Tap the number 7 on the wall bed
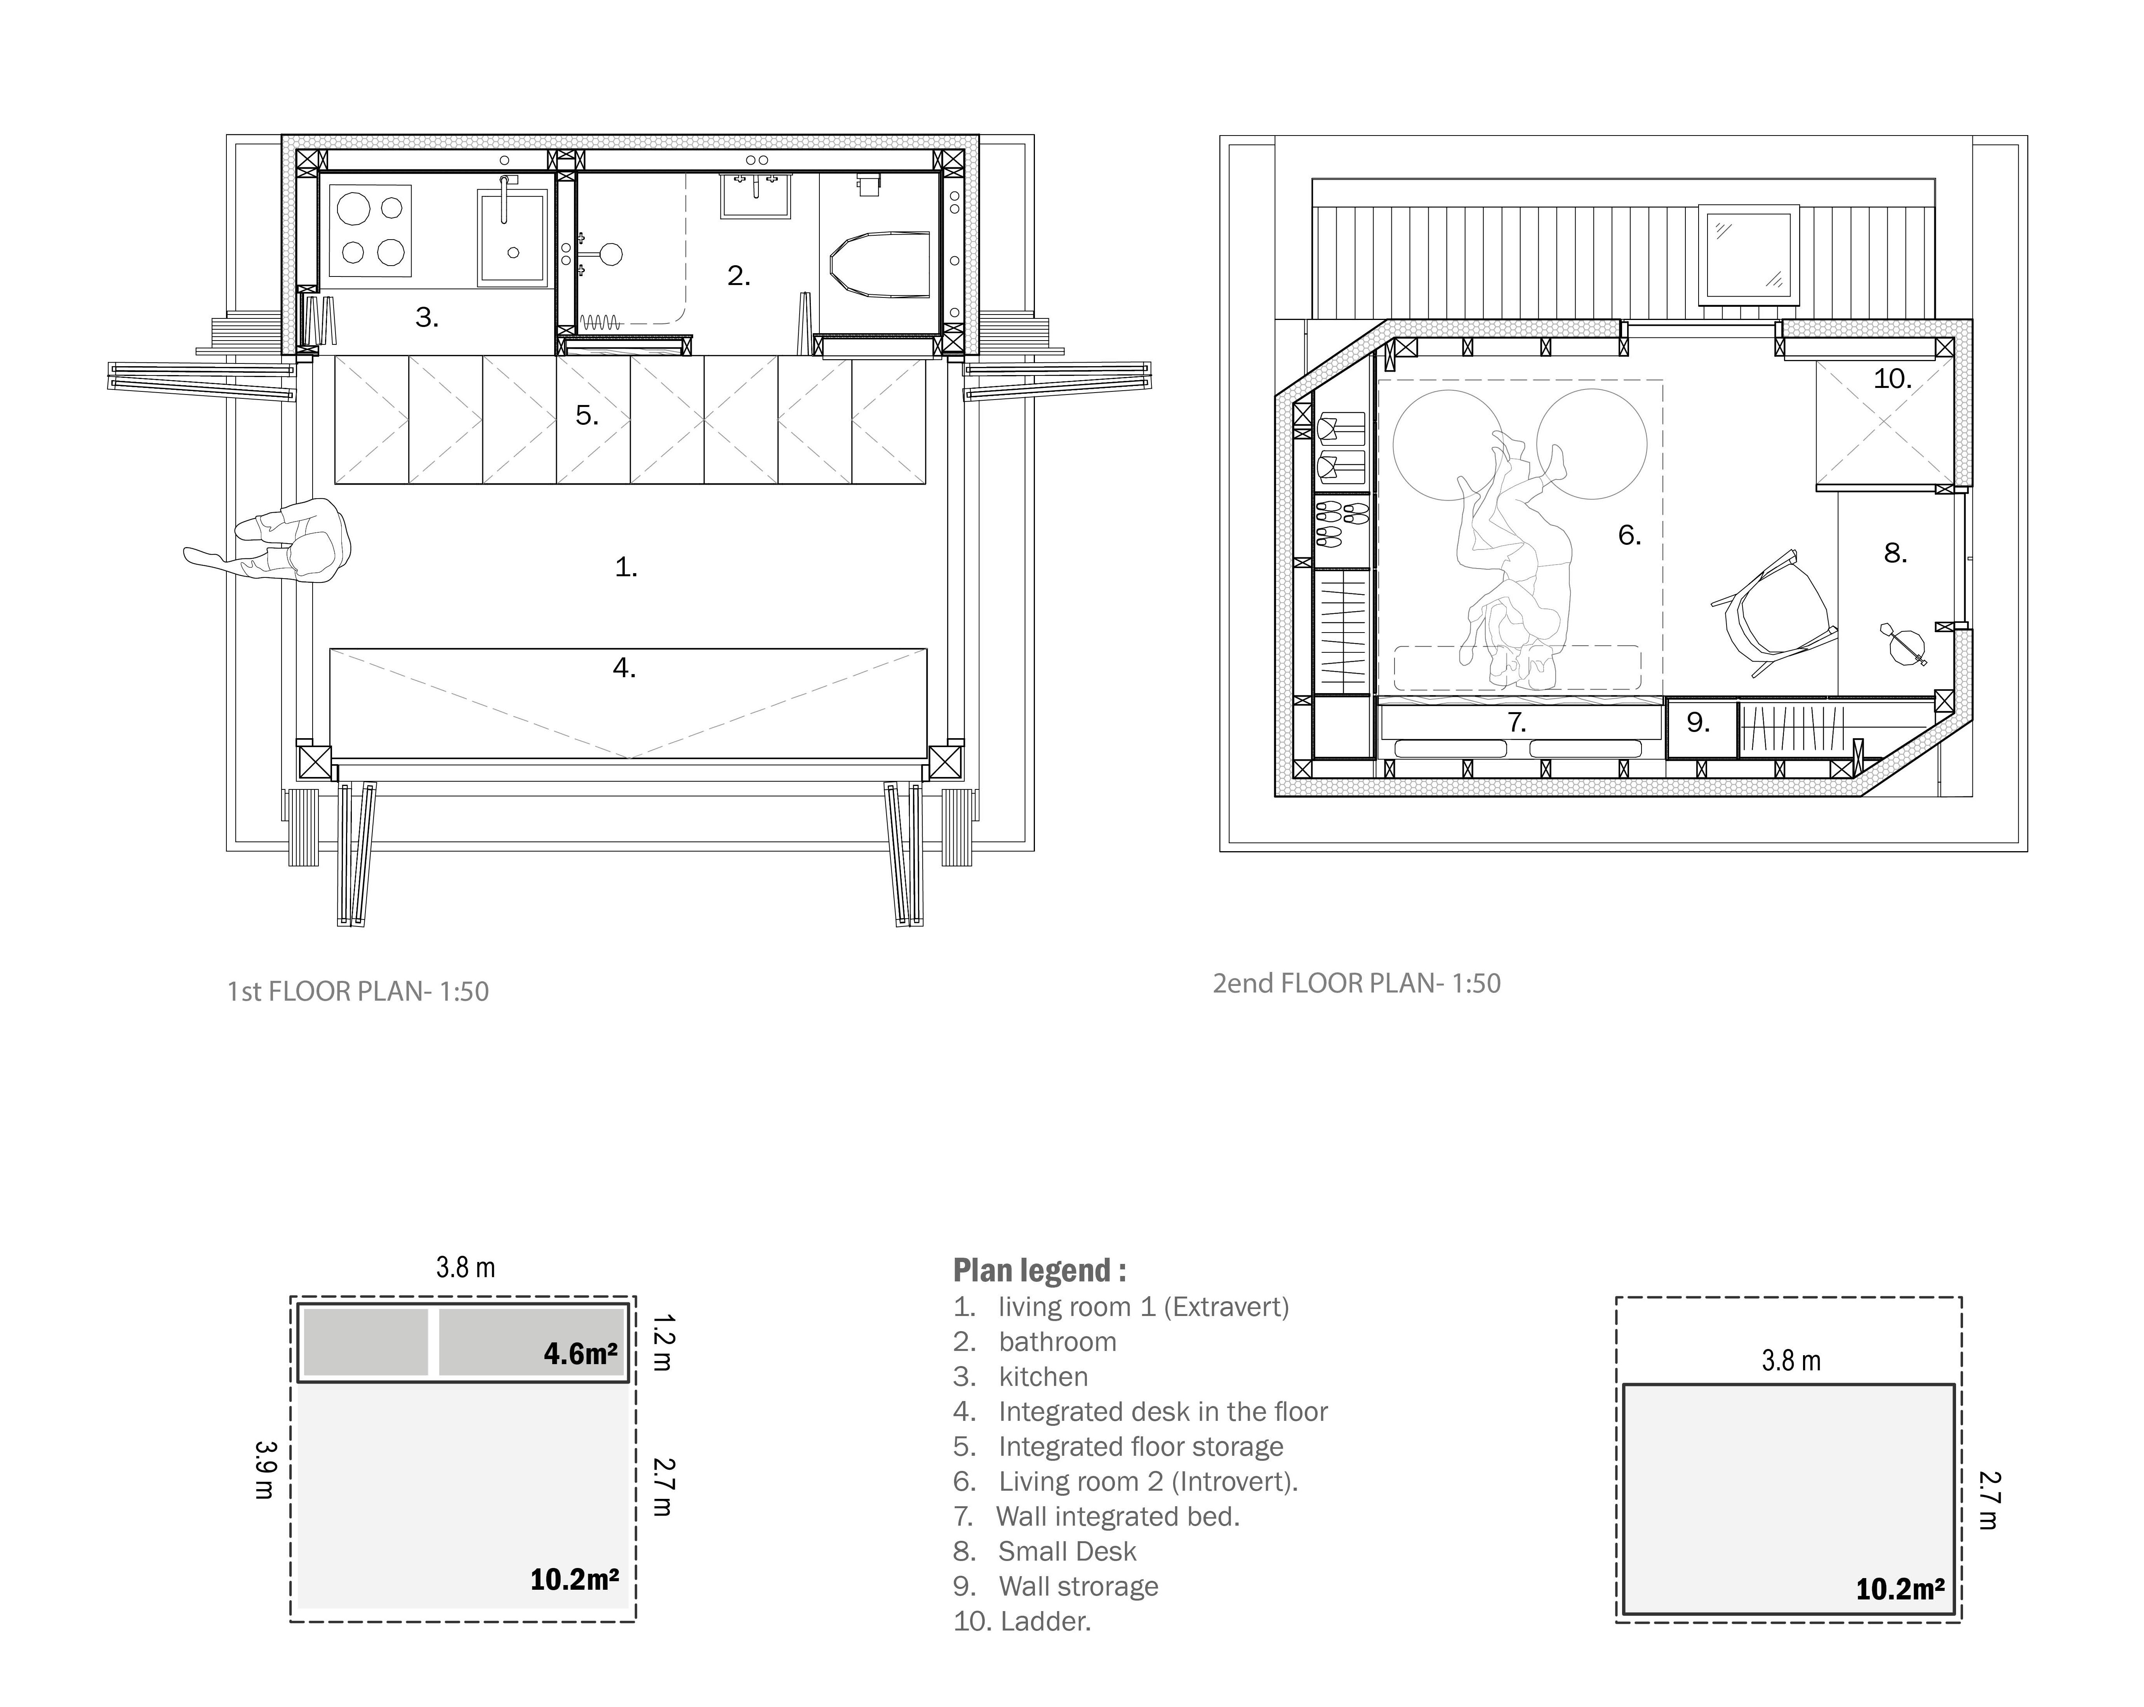(1516, 723)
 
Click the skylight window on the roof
(1748, 254)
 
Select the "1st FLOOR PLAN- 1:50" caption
(358, 991)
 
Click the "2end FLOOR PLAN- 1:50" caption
(1356, 983)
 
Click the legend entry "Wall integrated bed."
(1119, 1516)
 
